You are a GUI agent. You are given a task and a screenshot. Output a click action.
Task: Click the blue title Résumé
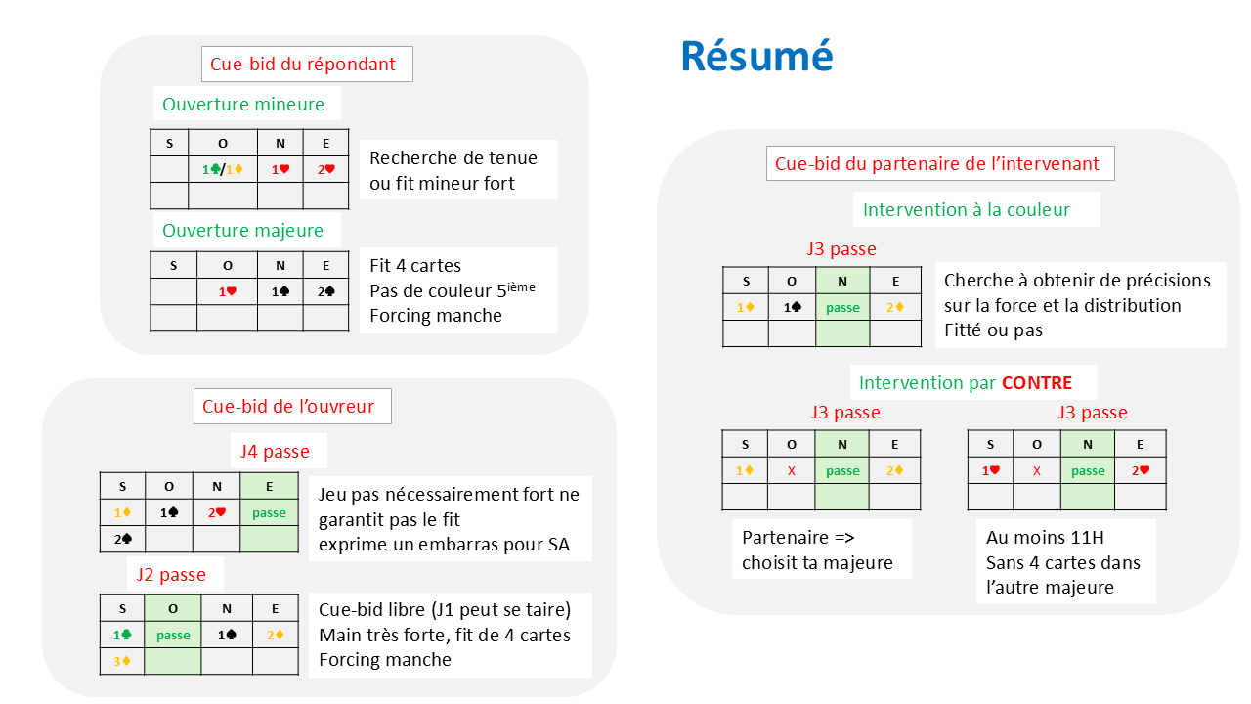(x=756, y=56)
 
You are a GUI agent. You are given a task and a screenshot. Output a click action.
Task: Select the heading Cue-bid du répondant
(x=303, y=65)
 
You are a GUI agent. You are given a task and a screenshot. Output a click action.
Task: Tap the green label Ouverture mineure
(x=244, y=104)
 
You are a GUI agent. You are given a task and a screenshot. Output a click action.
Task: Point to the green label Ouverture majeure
(x=242, y=231)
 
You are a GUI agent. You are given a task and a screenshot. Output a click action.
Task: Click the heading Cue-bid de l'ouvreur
(x=288, y=406)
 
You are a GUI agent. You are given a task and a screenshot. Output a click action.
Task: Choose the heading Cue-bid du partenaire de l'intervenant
(x=937, y=163)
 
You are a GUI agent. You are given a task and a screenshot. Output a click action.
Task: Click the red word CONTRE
(x=1036, y=382)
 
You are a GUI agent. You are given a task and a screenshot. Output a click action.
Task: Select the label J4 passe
(x=275, y=452)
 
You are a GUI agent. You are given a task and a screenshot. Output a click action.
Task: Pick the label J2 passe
(x=171, y=574)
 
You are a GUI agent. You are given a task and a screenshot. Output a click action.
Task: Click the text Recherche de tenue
(x=453, y=157)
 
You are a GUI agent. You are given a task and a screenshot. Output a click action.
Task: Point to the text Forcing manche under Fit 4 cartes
(x=436, y=315)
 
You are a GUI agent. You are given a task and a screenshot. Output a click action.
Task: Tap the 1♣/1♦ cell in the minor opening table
(x=222, y=169)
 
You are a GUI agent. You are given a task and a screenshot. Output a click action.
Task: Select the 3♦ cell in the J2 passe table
(x=122, y=661)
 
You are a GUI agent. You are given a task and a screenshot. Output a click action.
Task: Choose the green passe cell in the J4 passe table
(x=269, y=512)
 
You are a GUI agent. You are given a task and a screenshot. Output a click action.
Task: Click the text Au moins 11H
(x=1039, y=537)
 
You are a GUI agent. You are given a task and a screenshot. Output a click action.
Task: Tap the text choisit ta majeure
(x=817, y=562)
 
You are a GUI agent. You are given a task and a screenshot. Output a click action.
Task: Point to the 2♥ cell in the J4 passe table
(x=216, y=512)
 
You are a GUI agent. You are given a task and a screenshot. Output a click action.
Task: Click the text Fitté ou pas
(x=993, y=330)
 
